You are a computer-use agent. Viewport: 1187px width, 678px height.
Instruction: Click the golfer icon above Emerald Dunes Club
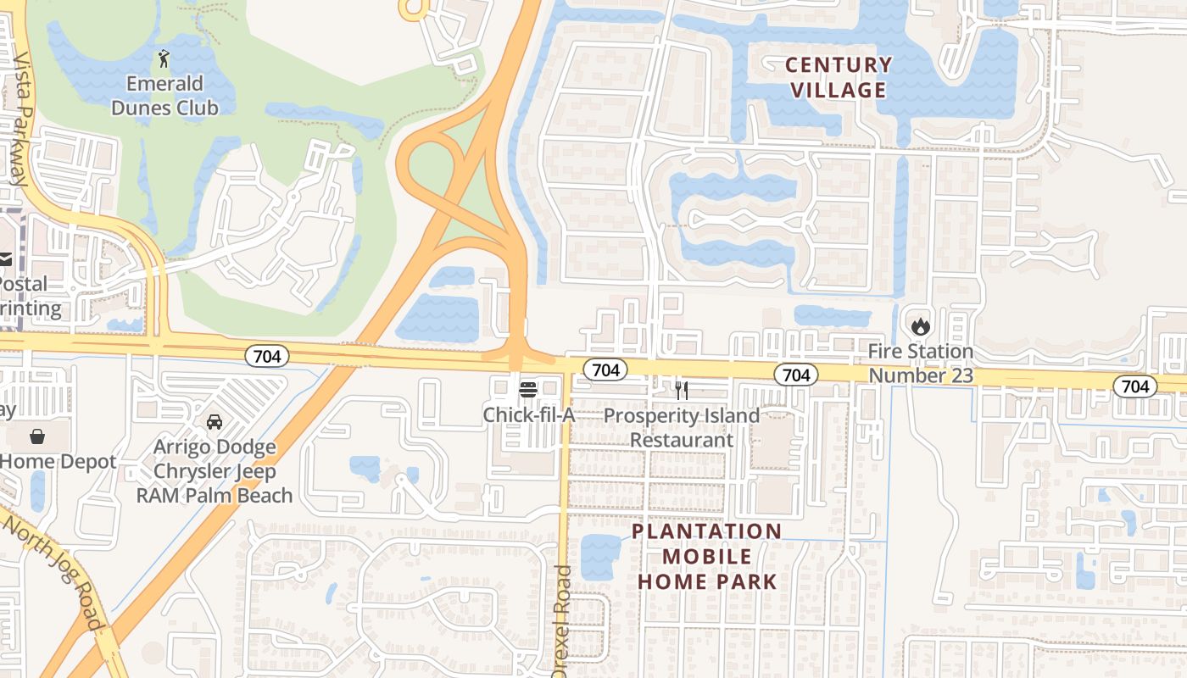pos(164,58)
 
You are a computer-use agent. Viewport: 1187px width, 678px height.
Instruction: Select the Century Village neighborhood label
pos(838,77)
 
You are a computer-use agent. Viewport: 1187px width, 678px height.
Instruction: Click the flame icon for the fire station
pos(920,325)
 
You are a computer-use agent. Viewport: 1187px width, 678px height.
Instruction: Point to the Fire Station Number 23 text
pos(921,363)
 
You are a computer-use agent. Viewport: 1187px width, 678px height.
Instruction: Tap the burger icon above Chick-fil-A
pos(528,390)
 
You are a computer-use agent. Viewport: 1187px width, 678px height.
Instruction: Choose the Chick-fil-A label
pos(529,415)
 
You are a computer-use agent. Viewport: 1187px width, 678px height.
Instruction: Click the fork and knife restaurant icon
pos(681,390)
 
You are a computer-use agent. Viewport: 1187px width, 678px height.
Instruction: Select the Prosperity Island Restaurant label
pos(681,428)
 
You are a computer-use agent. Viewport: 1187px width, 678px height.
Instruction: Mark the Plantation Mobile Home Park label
pos(707,556)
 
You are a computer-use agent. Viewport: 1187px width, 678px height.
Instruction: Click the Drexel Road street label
pos(562,620)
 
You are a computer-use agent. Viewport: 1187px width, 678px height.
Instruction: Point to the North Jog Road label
pos(53,572)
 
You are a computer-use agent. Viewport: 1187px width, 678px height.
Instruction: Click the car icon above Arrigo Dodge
pos(215,421)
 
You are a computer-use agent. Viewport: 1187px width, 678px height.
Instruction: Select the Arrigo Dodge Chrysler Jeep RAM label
pos(215,471)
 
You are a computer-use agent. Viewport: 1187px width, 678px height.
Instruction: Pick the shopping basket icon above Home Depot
pos(37,436)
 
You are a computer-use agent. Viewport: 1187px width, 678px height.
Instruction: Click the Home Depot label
pos(58,462)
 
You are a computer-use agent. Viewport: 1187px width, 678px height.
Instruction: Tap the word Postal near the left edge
pos(24,283)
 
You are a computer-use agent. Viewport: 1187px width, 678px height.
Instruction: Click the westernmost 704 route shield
pos(267,357)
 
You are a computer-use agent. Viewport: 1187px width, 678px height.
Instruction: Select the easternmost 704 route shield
pos(1134,386)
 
